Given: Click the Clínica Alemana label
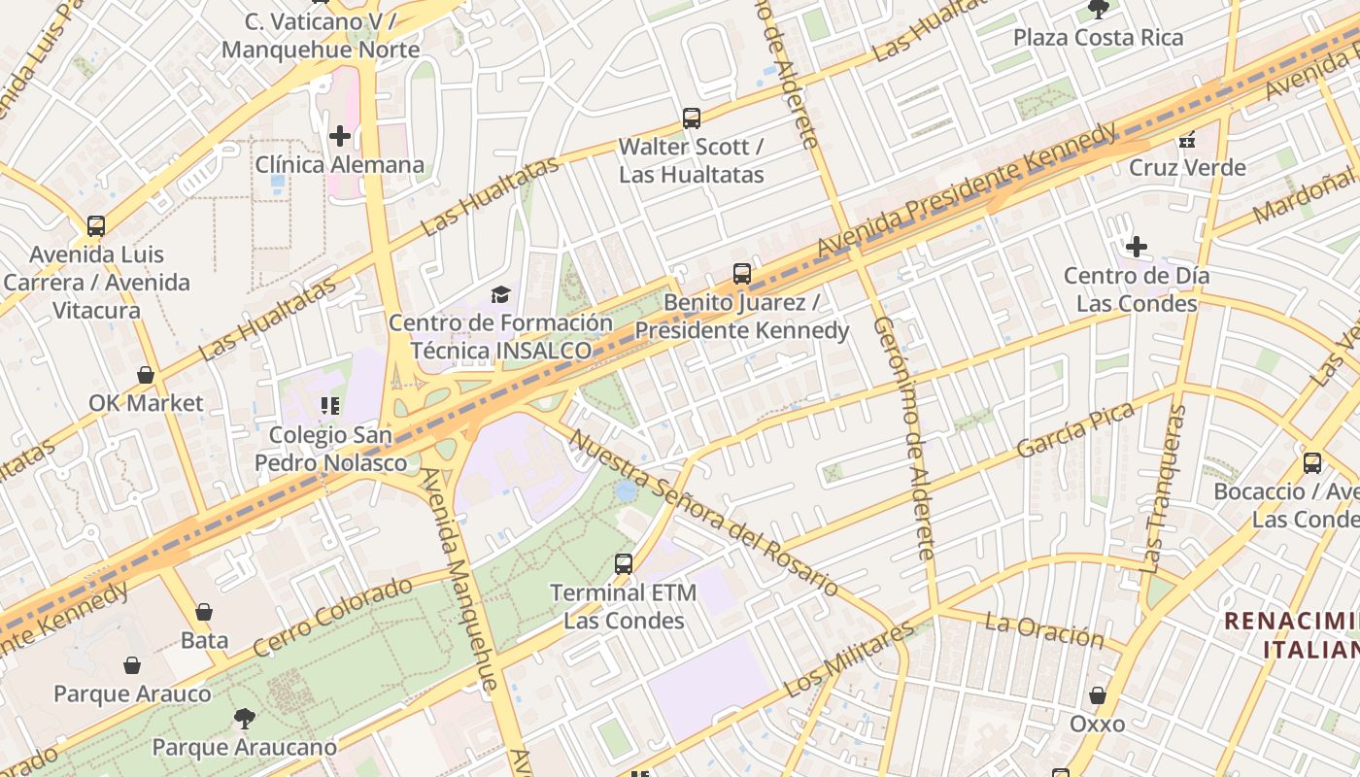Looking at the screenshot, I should pos(340,165).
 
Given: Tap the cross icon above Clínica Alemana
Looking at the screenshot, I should pos(340,136).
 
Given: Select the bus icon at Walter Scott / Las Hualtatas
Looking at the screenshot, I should pos(692,118).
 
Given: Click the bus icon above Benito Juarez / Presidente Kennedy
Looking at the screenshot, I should pos(742,274).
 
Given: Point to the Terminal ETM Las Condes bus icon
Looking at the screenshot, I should pos(624,563).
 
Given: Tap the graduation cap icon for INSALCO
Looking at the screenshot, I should pos(500,294).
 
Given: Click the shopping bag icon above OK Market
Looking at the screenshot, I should pos(146,375).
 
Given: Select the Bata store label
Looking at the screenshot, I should pos(205,640).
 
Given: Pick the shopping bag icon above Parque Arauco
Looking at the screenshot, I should pos(132,665).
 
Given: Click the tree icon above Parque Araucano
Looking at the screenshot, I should pos(245,719).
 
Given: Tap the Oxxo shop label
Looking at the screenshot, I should pos(1098,724).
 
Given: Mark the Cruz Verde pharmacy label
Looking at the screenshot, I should pos(1187,168).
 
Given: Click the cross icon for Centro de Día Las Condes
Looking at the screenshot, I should pos(1137,247).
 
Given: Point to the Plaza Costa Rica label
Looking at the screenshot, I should pos(1099,38).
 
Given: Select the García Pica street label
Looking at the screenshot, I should pos(1075,430).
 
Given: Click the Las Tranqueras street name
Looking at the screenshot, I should pos(1164,489).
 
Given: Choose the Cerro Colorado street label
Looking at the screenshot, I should pos(332,617).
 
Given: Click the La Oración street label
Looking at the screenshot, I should pos(1044,630).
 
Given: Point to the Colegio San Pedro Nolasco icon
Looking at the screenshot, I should pos(329,405).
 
